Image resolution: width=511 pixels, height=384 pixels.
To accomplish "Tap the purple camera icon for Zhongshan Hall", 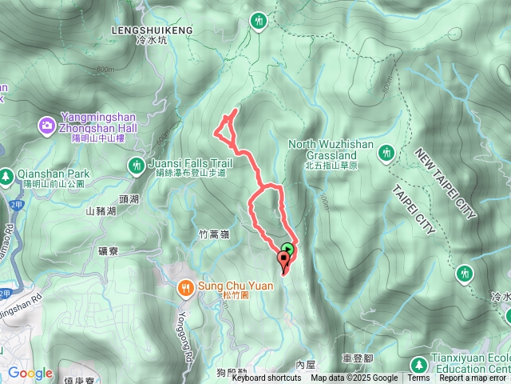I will point(47,126).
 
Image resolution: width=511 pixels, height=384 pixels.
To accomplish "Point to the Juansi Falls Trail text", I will point(190,163).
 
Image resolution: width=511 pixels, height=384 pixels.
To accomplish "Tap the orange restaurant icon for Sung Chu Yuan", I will point(184,286).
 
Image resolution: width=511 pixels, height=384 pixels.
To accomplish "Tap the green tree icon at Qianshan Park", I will point(6,174).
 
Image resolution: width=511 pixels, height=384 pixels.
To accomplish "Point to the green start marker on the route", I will point(287,248).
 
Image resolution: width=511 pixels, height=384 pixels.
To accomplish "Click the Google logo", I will point(30,373).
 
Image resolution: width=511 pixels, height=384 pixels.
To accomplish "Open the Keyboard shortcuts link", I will point(267,378).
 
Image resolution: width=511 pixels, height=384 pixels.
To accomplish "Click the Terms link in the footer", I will point(418,378).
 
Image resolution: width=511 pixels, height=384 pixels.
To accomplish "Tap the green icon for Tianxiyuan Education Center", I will point(418,365).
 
